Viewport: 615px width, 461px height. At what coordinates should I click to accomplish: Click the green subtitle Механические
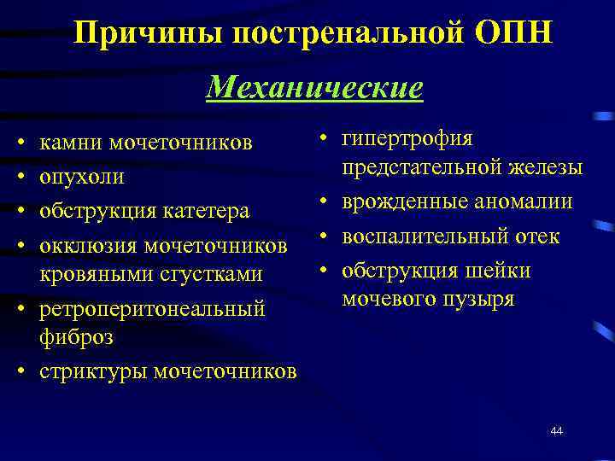pos(314,87)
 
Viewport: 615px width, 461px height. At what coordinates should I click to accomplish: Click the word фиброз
pos(66,337)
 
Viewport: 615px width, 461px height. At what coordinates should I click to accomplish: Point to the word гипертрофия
pos(407,138)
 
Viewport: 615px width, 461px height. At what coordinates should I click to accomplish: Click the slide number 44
pos(556,431)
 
